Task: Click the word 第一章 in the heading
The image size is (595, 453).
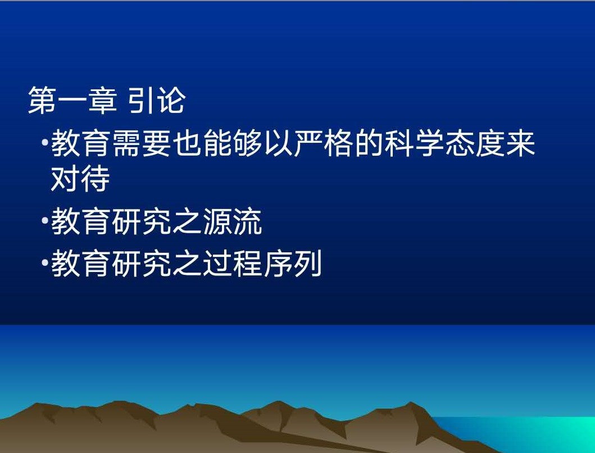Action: click(x=72, y=100)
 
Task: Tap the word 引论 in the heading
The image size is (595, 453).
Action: click(x=157, y=100)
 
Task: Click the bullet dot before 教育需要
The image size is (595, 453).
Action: click(x=45, y=143)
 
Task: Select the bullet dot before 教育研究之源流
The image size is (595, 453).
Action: click(x=45, y=221)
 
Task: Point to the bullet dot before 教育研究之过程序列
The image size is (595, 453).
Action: click(x=45, y=262)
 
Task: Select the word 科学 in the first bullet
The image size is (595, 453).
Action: click(x=414, y=143)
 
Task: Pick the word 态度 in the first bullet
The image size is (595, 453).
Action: click(x=475, y=143)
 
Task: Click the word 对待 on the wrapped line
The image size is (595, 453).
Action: click(x=80, y=178)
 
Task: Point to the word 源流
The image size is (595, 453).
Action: click(x=232, y=221)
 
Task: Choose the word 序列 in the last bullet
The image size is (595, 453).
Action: click(x=293, y=263)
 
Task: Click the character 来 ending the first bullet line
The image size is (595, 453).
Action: click(x=520, y=143)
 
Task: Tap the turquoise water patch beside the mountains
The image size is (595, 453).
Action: click(x=532, y=433)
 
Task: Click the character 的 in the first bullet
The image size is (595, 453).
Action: click(x=369, y=143)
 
